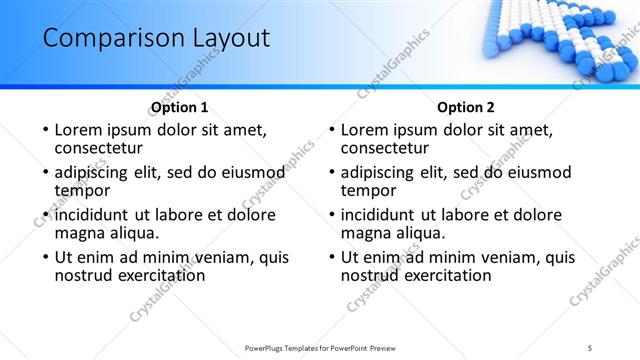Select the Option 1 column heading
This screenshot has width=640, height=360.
[180, 108]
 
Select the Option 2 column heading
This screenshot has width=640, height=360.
[466, 108]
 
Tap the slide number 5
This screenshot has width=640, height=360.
[590, 347]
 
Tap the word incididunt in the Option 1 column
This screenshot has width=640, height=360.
[93, 215]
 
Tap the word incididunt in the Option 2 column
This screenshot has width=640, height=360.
[380, 215]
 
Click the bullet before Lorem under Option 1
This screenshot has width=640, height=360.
[44, 130]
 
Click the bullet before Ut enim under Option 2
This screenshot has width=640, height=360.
[331, 257]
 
